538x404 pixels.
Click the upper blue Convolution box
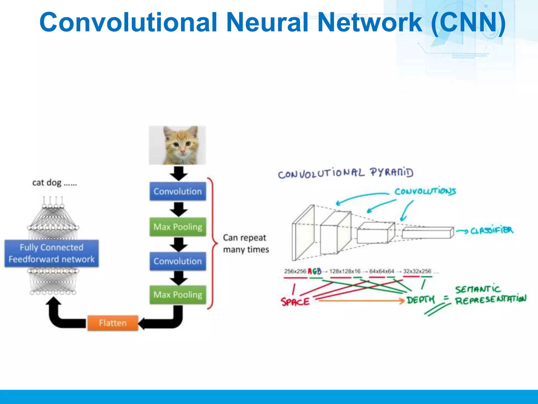click(178, 191)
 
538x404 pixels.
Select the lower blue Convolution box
click(178, 261)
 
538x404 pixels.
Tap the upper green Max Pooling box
click(178, 227)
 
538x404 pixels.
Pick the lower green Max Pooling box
click(178, 295)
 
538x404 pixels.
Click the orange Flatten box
click(113, 323)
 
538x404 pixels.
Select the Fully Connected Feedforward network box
click(51, 253)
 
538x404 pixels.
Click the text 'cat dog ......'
click(54, 183)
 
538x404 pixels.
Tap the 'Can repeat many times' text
click(246, 244)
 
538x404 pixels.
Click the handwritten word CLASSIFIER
click(491, 231)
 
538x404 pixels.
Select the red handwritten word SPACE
click(295, 301)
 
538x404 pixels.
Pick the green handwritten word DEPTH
click(421, 300)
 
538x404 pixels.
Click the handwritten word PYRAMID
click(391, 173)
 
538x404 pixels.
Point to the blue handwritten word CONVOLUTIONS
click(425, 191)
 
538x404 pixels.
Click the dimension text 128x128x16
click(345, 271)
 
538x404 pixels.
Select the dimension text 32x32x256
click(417, 271)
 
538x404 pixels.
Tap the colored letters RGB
click(314, 271)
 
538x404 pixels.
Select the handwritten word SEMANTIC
click(478, 289)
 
